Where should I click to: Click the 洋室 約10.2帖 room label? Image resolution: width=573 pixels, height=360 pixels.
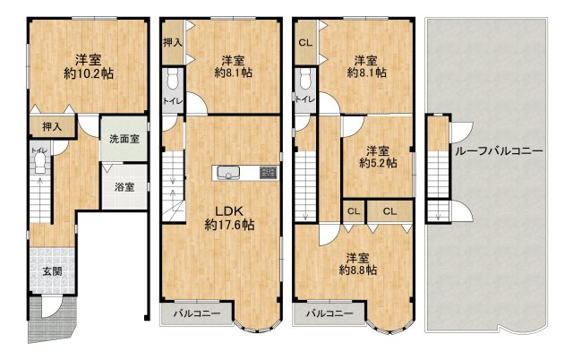coord(89,67)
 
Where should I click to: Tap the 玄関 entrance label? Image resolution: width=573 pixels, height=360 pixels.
coord(52,271)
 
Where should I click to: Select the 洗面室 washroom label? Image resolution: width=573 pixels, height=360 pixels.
coord(124,139)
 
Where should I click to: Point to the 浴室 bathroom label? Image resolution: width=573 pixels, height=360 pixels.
coord(124,187)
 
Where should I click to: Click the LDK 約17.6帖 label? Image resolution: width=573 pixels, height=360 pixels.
coord(229,218)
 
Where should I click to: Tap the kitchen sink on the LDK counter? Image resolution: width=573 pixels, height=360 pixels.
coord(228,173)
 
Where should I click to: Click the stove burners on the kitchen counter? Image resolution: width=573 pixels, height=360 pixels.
coord(269,173)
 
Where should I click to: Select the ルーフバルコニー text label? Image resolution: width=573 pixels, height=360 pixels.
coord(499,151)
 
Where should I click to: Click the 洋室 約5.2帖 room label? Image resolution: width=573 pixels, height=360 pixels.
coord(378,157)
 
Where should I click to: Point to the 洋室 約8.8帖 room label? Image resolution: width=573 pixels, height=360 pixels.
coord(358,264)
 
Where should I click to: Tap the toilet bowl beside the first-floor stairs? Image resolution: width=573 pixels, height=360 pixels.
coord(39,162)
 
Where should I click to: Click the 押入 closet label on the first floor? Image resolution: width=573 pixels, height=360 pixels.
coord(52,127)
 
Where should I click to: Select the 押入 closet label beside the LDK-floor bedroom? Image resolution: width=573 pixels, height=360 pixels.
coord(173,42)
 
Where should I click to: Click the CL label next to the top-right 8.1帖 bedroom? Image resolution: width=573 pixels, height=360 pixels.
coord(305,43)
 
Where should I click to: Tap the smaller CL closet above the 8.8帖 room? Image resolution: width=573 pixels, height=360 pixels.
coord(354,211)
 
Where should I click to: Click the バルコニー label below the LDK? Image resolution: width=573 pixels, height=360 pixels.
coord(197,313)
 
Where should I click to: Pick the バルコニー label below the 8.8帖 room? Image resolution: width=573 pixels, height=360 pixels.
coord(329,313)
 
